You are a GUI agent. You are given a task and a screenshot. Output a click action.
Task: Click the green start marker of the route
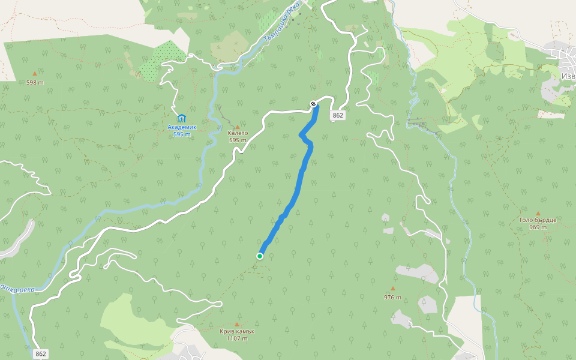click(260, 256)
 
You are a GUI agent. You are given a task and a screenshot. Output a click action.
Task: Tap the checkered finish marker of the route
click(313, 104)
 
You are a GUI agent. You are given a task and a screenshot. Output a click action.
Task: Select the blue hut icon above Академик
click(181, 118)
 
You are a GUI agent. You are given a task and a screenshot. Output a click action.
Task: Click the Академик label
click(182, 127)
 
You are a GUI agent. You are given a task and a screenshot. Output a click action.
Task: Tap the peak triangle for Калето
click(238, 127)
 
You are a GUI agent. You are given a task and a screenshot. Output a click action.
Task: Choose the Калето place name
click(238, 133)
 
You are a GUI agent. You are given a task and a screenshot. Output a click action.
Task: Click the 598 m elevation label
click(35, 82)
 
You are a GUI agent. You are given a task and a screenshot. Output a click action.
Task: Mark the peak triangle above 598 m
click(35, 74)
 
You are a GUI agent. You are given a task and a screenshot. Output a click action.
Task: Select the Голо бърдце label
click(538, 220)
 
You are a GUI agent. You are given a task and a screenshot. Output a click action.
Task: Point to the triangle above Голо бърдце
click(538, 213)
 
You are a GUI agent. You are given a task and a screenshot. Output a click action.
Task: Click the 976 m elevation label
click(392, 297)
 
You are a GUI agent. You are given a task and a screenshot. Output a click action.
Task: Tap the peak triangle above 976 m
click(393, 289)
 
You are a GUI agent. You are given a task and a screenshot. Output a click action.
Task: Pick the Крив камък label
click(237, 331)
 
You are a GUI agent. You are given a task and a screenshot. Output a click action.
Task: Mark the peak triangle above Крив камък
click(237, 324)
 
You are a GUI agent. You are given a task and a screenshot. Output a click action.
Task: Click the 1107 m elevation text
click(237, 338)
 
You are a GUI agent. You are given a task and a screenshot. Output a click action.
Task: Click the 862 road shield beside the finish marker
click(338, 115)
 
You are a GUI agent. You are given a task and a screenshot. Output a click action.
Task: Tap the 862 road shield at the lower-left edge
click(41, 353)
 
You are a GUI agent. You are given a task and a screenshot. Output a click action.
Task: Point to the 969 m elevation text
click(538, 227)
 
